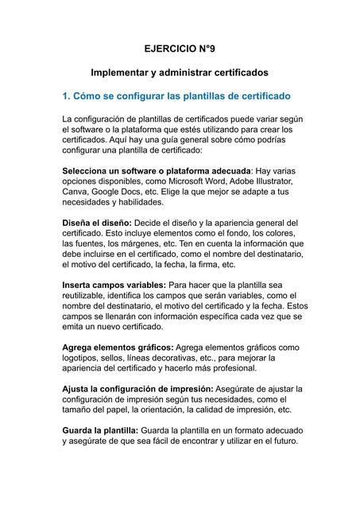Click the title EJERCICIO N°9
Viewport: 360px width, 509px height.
(180, 49)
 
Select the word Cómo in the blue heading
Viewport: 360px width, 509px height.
(89, 97)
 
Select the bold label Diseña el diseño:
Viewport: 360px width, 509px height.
(97, 223)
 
